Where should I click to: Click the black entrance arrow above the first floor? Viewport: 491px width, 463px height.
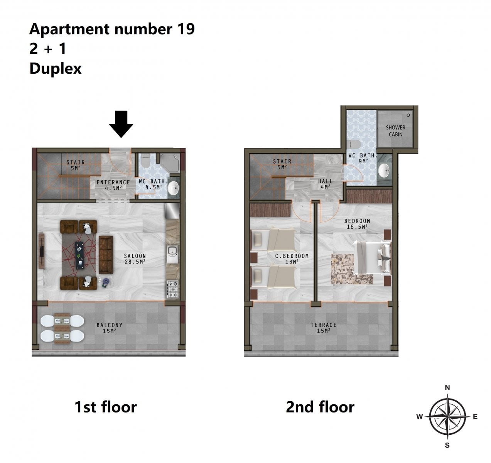point(121,124)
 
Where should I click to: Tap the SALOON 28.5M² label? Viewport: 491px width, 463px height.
point(135,259)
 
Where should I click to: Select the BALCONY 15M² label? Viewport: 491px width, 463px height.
point(110,328)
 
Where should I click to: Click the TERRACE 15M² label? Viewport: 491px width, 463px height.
point(324,328)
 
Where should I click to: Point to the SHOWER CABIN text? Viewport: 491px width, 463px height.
point(396,131)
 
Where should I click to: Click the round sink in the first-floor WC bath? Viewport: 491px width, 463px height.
point(173,188)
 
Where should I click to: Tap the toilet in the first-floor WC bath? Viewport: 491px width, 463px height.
point(146,162)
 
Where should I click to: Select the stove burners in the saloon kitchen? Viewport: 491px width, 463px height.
point(172,289)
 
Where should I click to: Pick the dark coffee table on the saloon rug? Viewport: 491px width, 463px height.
point(79,255)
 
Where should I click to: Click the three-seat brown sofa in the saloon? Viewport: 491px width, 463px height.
point(106,255)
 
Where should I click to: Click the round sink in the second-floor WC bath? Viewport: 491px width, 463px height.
point(384,171)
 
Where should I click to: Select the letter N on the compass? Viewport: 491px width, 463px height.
point(447,387)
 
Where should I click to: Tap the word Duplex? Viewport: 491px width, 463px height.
point(56,69)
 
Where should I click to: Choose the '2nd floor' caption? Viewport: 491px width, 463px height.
point(320,407)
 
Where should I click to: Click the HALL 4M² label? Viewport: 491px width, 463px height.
point(326,184)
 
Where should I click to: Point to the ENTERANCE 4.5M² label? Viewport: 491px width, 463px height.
point(113,185)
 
